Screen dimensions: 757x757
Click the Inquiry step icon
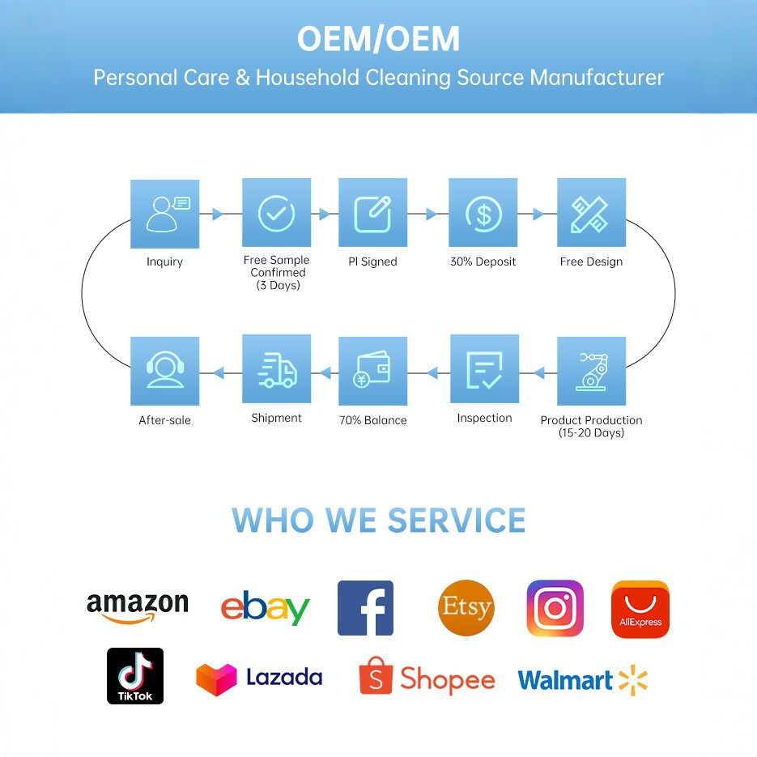(x=164, y=214)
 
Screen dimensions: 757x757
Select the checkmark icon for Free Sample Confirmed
(x=276, y=212)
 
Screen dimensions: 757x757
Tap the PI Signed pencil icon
(x=372, y=212)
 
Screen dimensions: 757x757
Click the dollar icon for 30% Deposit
(x=483, y=212)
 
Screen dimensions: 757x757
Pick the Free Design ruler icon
(x=591, y=212)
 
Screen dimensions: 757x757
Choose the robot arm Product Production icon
(x=591, y=371)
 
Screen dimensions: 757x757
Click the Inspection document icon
(x=484, y=369)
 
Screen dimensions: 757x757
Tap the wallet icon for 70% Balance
(x=372, y=371)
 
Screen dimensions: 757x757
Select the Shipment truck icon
(x=276, y=369)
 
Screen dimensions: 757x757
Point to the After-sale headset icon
(x=164, y=371)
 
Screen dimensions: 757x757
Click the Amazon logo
(x=137, y=608)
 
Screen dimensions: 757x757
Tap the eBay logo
(x=265, y=608)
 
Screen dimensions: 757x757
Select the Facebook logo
(x=365, y=608)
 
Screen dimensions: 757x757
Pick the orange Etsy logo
(x=466, y=608)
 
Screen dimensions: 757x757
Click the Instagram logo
(x=555, y=608)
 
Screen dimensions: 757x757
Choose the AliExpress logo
(x=640, y=610)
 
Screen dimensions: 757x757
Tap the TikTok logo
(x=135, y=676)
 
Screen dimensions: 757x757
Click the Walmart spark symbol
(x=633, y=680)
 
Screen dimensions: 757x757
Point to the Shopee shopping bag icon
(x=376, y=675)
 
